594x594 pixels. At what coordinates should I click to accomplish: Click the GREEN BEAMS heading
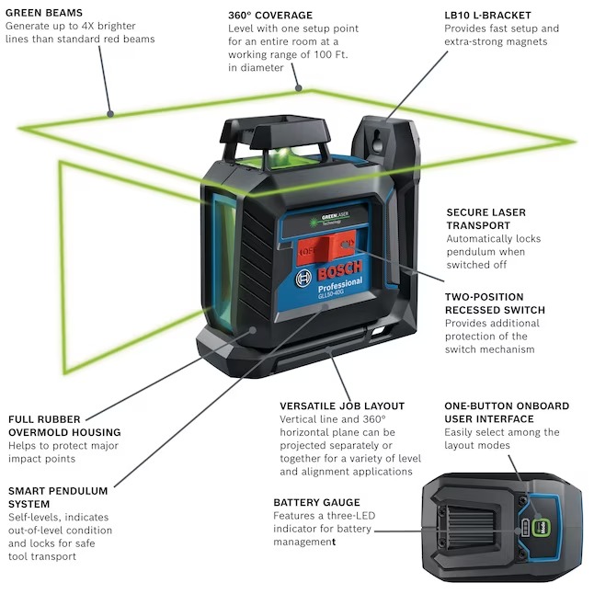[x=44, y=13]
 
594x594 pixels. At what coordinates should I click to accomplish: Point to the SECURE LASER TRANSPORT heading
[x=485, y=219]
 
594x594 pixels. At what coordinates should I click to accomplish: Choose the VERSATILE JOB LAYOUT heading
[x=342, y=406]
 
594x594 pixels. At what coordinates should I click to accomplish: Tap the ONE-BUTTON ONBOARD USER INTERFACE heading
[x=507, y=412]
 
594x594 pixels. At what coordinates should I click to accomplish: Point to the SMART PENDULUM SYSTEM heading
[x=57, y=497]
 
